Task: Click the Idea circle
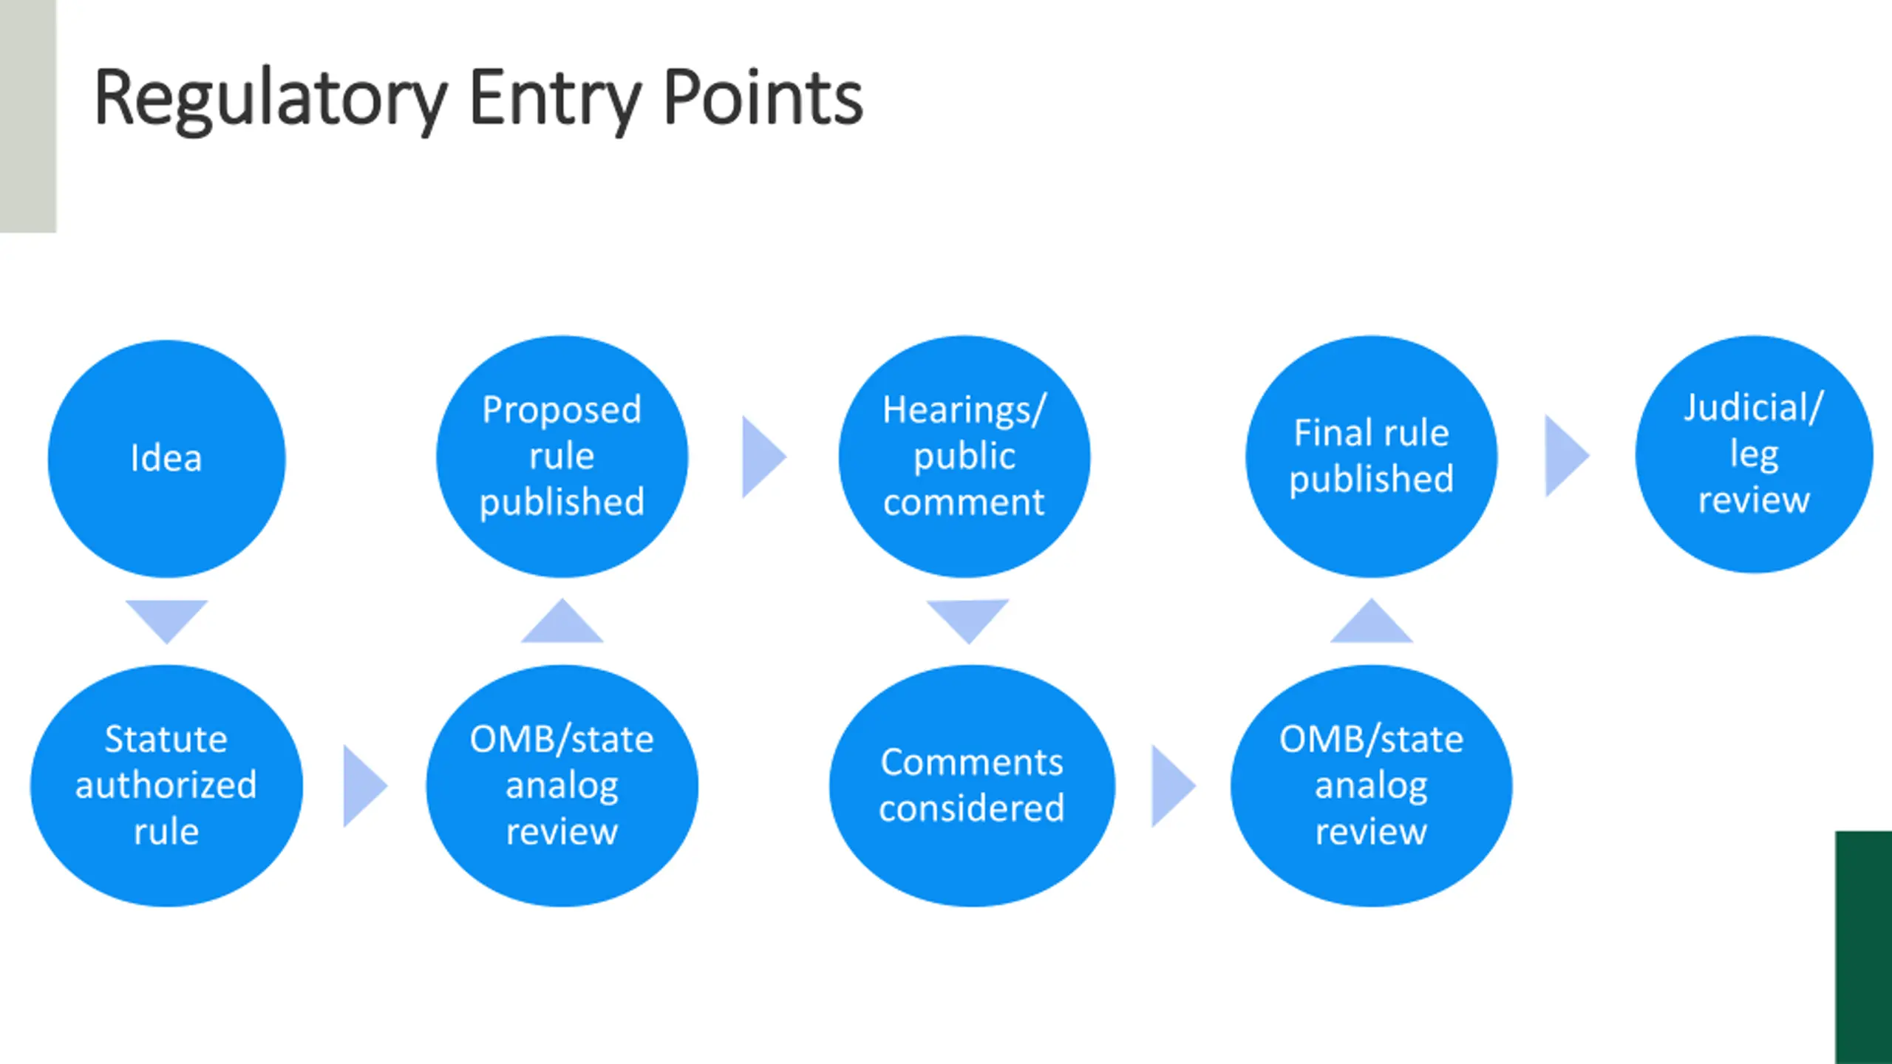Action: click(x=166, y=458)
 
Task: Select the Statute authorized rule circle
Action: click(x=166, y=785)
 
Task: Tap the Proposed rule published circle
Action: click(x=562, y=456)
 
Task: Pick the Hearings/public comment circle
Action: click(x=964, y=456)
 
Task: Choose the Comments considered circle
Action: click(x=972, y=785)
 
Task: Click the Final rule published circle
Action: click(x=1371, y=456)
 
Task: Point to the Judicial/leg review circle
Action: click(x=1754, y=454)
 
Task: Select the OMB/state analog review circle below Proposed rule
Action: click(x=562, y=785)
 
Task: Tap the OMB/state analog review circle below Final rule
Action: click(x=1371, y=785)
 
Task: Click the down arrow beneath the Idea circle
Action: click(x=166, y=619)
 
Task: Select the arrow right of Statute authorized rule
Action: click(x=364, y=785)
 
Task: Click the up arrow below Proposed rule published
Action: click(x=562, y=622)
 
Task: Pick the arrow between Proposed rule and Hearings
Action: click(x=763, y=456)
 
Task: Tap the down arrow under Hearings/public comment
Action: click(x=967, y=619)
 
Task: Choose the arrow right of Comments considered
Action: click(x=1173, y=785)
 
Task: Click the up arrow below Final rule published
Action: click(x=1371, y=622)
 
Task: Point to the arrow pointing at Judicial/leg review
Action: click(x=1566, y=455)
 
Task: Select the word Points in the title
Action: click(x=763, y=98)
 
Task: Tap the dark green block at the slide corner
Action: click(x=1863, y=947)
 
